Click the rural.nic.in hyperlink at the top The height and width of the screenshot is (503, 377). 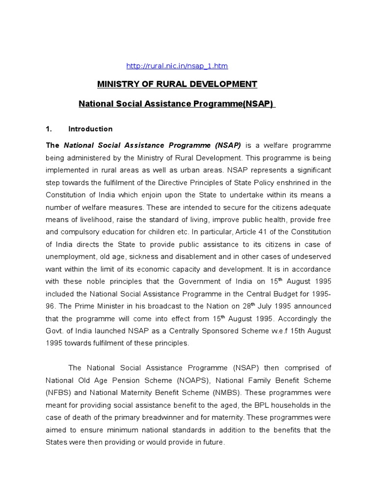click(x=177, y=66)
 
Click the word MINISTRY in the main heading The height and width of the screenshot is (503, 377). click(x=116, y=84)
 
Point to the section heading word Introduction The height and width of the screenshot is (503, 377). click(x=90, y=129)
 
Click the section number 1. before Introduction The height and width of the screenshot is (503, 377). click(x=49, y=129)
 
